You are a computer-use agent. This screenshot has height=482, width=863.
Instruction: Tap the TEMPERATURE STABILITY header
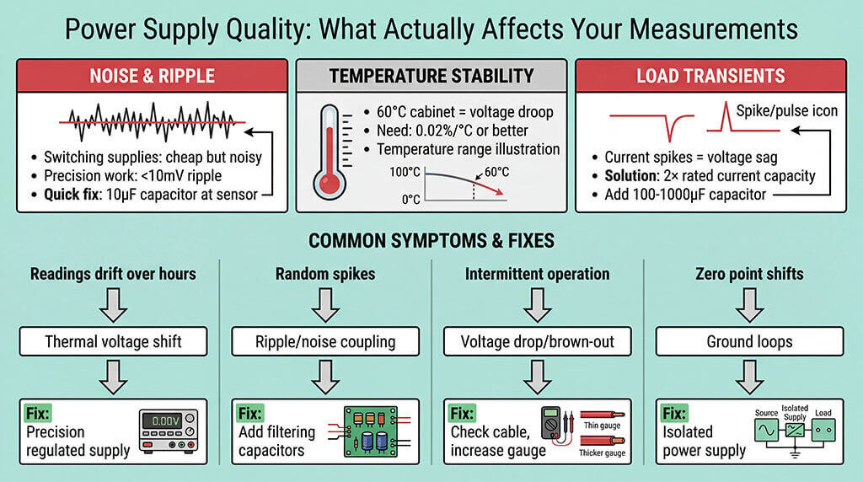point(431,76)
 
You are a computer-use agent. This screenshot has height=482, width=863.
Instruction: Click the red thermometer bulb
point(330,182)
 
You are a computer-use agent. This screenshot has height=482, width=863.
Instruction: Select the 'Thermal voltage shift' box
point(112,341)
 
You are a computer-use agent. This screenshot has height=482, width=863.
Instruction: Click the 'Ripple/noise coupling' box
point(325,341)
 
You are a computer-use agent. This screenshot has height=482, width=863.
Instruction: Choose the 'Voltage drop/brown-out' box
point(537,341)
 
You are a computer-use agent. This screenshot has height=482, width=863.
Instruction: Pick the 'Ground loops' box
point(749,341)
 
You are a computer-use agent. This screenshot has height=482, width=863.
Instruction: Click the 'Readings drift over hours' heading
point(113,274)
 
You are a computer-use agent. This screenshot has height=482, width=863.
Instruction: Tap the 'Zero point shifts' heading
point(749,274)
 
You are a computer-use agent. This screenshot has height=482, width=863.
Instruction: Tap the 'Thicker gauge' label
point(603,453)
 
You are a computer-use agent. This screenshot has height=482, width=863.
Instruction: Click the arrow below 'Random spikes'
point(325,307)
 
